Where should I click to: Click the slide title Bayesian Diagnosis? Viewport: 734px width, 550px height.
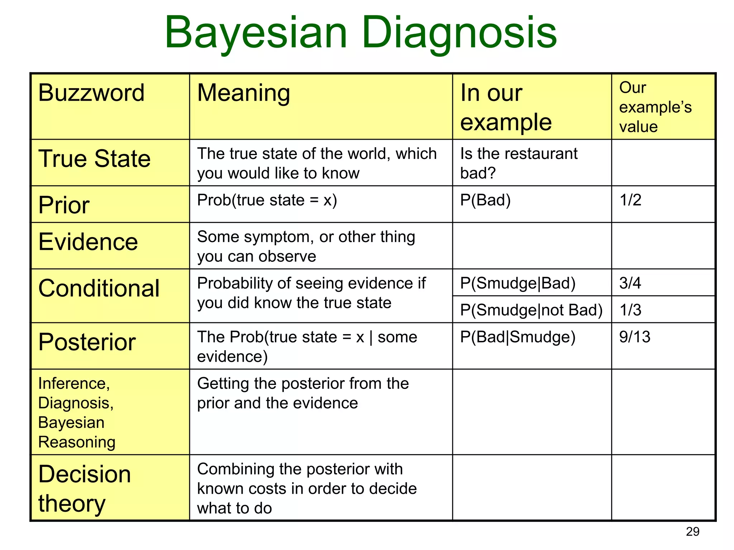click(x=361, y=33)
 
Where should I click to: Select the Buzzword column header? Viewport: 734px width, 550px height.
click(x=91, y=93)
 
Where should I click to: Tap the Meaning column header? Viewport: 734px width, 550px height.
click(x=243, y=93)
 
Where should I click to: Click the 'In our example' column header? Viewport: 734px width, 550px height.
click(x=506, y=107)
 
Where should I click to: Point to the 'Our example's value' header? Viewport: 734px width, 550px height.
click(x=655, y=107)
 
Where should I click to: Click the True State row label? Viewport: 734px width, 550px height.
click(x=95, y=159)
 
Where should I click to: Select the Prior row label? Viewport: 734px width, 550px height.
click(x=64, y=205)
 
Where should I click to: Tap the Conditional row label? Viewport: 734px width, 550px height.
click(x=99, y=288)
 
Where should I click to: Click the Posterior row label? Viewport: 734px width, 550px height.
click(x=87, y=342)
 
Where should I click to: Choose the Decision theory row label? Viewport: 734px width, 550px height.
click(x=85, y=488)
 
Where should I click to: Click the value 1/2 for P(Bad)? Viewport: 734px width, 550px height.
click(x=630, y=200)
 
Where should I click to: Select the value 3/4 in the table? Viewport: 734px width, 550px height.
click(x=630, y=283)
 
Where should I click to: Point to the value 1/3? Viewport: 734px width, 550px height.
click(x=630, y=310)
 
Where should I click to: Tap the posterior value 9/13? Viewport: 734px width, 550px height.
click(x=635, y=337)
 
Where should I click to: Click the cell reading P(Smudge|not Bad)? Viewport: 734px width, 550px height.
click(x=531, y=310)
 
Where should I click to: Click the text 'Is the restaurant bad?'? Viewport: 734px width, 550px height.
click(x=519, y=163)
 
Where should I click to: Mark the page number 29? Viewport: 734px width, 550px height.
click(x=692, y=532)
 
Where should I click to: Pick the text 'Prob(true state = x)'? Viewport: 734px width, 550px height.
click(x=267, y=200)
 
